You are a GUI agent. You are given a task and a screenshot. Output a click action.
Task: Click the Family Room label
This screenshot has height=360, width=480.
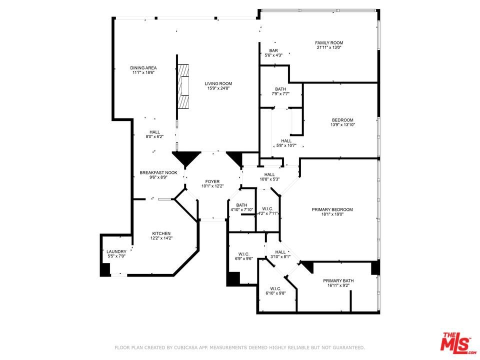click(x=329, y=43)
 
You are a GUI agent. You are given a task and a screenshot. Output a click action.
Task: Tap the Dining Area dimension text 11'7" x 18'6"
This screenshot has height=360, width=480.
click(x=143, y=72)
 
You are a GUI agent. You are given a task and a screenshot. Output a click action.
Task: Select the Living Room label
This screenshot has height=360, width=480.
click(x=218, y=83)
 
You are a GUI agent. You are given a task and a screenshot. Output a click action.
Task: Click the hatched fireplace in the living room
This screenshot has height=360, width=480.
click(x=183, y=86)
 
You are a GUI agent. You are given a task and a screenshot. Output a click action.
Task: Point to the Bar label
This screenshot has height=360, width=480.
click(x=273, y=50)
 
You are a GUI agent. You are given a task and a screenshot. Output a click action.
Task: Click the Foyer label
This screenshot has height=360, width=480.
click(x=212, y=181)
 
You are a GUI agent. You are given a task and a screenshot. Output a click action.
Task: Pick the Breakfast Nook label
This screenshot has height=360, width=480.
click(x=158, y=172)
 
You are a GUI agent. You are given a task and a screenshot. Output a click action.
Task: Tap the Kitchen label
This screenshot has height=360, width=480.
click(x=161, y=233)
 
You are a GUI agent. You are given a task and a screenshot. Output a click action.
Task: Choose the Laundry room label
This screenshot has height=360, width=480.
click(x=116, y=251)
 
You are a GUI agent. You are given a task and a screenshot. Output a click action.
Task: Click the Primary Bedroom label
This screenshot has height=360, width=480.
click(x=332, y=209)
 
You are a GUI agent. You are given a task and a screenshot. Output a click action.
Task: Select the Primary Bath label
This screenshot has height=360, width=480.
click(x=338, y=280)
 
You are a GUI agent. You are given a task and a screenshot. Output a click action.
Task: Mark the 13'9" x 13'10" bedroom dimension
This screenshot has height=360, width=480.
click(x=342, y=125)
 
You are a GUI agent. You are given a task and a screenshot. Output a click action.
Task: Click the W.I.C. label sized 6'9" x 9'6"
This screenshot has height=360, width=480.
click(x=243, y=254)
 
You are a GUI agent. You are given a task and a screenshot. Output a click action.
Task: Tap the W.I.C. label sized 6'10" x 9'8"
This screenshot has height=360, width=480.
click(x=275, y=288)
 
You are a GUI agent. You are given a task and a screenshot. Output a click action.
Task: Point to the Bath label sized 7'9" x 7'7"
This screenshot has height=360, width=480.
click(x=280, y=89)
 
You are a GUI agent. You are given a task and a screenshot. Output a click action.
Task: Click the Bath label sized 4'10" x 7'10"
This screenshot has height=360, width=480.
click(x=241, y=205)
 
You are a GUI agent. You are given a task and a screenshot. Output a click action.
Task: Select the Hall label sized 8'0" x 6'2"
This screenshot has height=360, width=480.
click(x=154, y=132)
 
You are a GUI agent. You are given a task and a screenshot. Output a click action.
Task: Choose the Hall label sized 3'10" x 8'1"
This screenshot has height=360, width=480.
click(x=280, y=252)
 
